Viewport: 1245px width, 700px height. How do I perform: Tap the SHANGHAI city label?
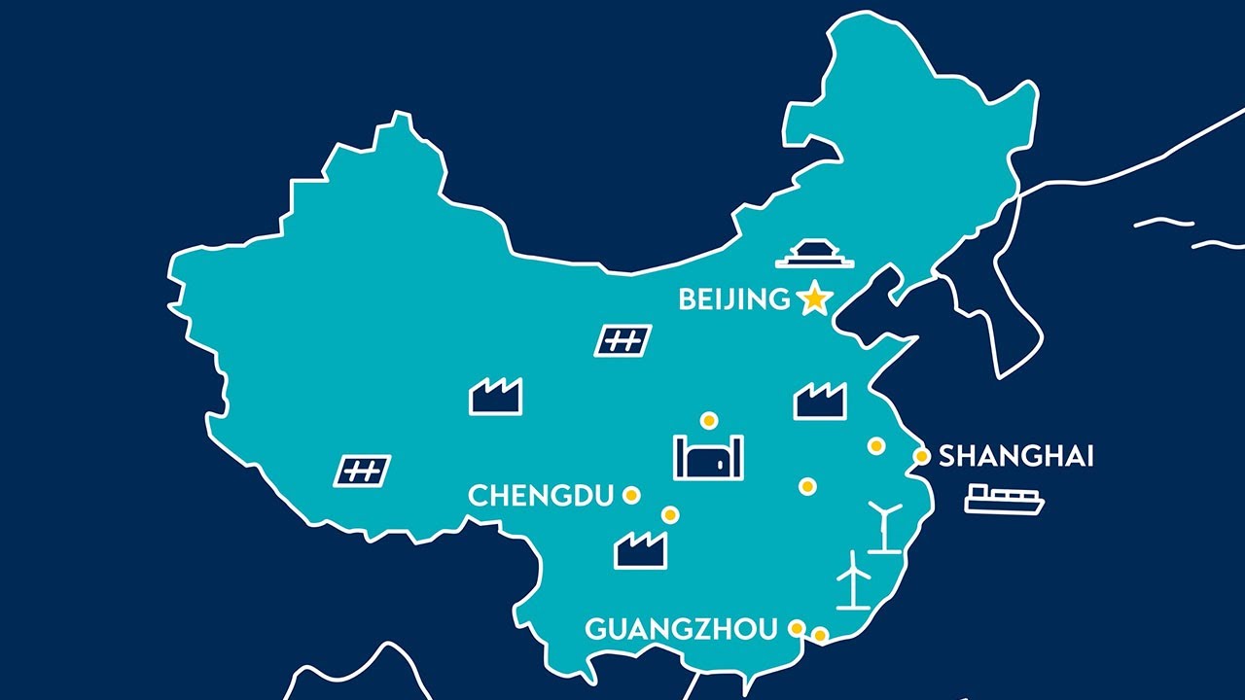(1015, 456)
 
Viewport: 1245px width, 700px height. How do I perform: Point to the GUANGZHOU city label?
(681, 629)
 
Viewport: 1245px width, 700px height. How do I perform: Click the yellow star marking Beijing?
(813, 299)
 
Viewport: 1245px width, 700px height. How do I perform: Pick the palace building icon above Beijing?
(814, 254)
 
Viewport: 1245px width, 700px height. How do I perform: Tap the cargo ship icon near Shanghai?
(1004, 499)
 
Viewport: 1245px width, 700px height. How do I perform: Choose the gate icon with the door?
(708, 457)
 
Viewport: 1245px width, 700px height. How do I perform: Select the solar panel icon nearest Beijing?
(622, 340)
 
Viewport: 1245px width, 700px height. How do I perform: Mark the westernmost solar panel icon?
(362, 471)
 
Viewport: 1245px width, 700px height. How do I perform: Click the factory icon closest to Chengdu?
(641, 550)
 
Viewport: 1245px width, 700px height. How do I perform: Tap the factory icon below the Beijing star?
(820, 401)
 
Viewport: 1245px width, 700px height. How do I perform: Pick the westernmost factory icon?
(495, 397)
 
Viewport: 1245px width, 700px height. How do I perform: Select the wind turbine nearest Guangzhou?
(853, 580)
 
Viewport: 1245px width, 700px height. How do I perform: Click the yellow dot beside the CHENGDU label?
(631, 495)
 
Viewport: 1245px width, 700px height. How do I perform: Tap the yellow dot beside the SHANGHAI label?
(922, 456)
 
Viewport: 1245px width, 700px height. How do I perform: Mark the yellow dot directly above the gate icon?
(709, 420)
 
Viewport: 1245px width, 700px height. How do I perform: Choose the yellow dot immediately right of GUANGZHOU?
(797, 628)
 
